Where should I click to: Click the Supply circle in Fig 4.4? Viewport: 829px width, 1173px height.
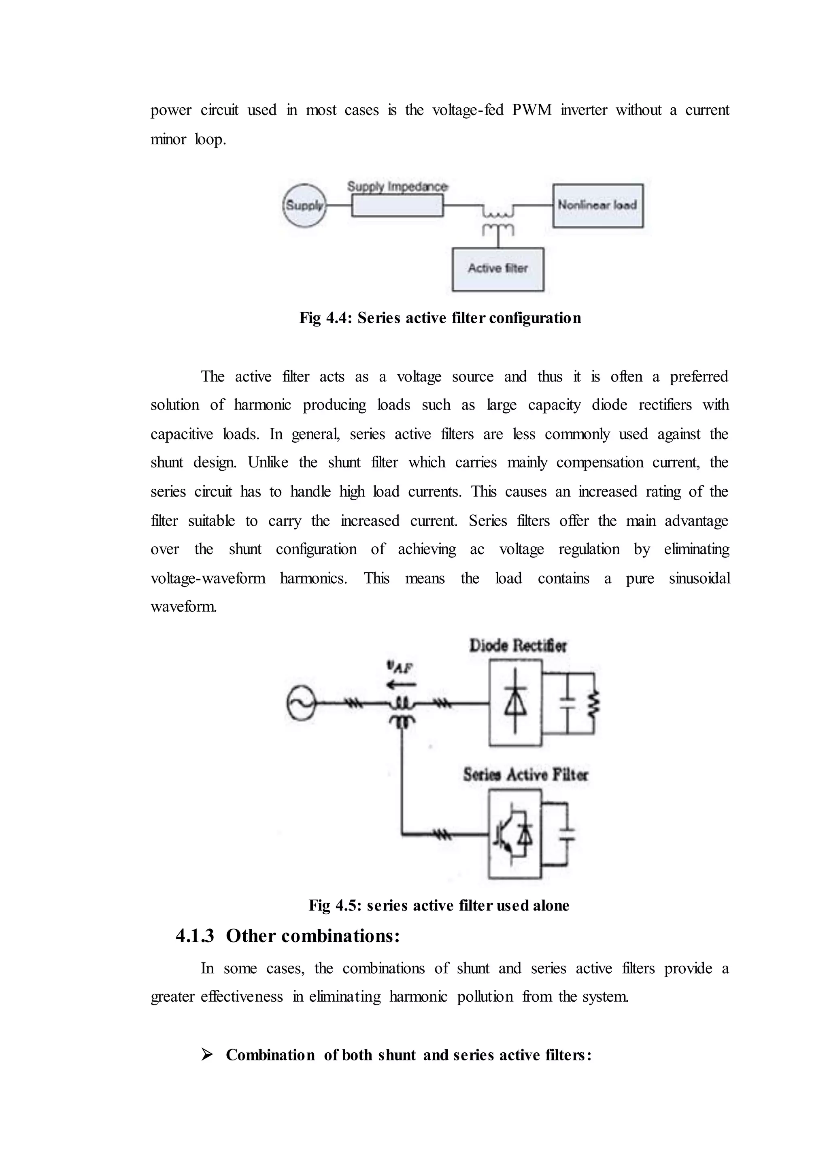click(304, 205)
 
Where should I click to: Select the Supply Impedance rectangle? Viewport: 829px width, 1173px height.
click(397, 206)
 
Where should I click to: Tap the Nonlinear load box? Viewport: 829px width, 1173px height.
click(598, 205)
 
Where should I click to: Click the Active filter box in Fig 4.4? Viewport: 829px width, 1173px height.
click(498, 269)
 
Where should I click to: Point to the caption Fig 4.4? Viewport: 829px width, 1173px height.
click(440, 318)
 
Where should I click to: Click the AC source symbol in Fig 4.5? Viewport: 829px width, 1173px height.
click(301, 704)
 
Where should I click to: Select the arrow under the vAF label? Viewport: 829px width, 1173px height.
click(401, 685)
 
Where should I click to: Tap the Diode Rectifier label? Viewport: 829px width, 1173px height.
click(518, 646)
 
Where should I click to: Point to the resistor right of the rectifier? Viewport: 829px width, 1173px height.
click(594, 704)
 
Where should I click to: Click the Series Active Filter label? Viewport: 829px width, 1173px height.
click(525, 775)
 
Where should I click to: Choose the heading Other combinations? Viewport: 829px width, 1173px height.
click(312, 936)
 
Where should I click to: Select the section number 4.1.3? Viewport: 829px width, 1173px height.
click(194, 936)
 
